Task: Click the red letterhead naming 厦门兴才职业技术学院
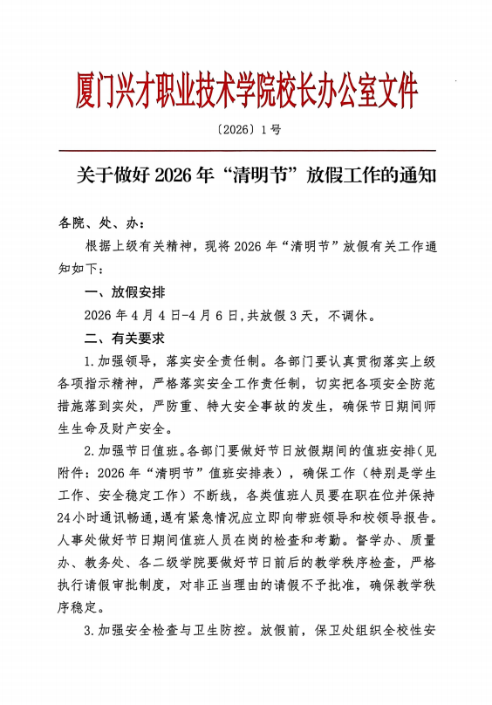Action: coord(245,90)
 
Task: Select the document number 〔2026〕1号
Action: coord(245,130)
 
